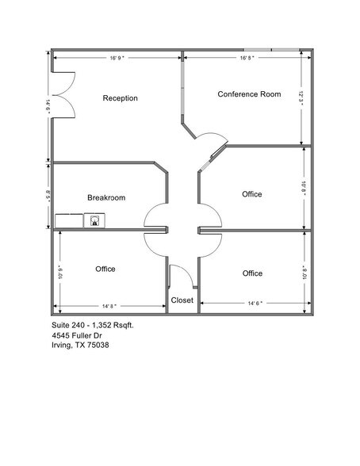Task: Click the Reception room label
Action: [121, 98]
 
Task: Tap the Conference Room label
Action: [249, 94]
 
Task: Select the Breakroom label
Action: [106, 197]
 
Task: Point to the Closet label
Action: [182, 300]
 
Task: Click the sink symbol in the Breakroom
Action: [95, 220]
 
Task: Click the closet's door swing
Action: [181, 277]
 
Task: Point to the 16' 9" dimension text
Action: [119, 58]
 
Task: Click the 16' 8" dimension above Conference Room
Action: [247, 58]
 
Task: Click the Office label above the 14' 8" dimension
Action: [105, 269]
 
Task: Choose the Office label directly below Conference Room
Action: [252, 194]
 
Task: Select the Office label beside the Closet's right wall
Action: [252, 273]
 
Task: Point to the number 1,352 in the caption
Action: [101, 325]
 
